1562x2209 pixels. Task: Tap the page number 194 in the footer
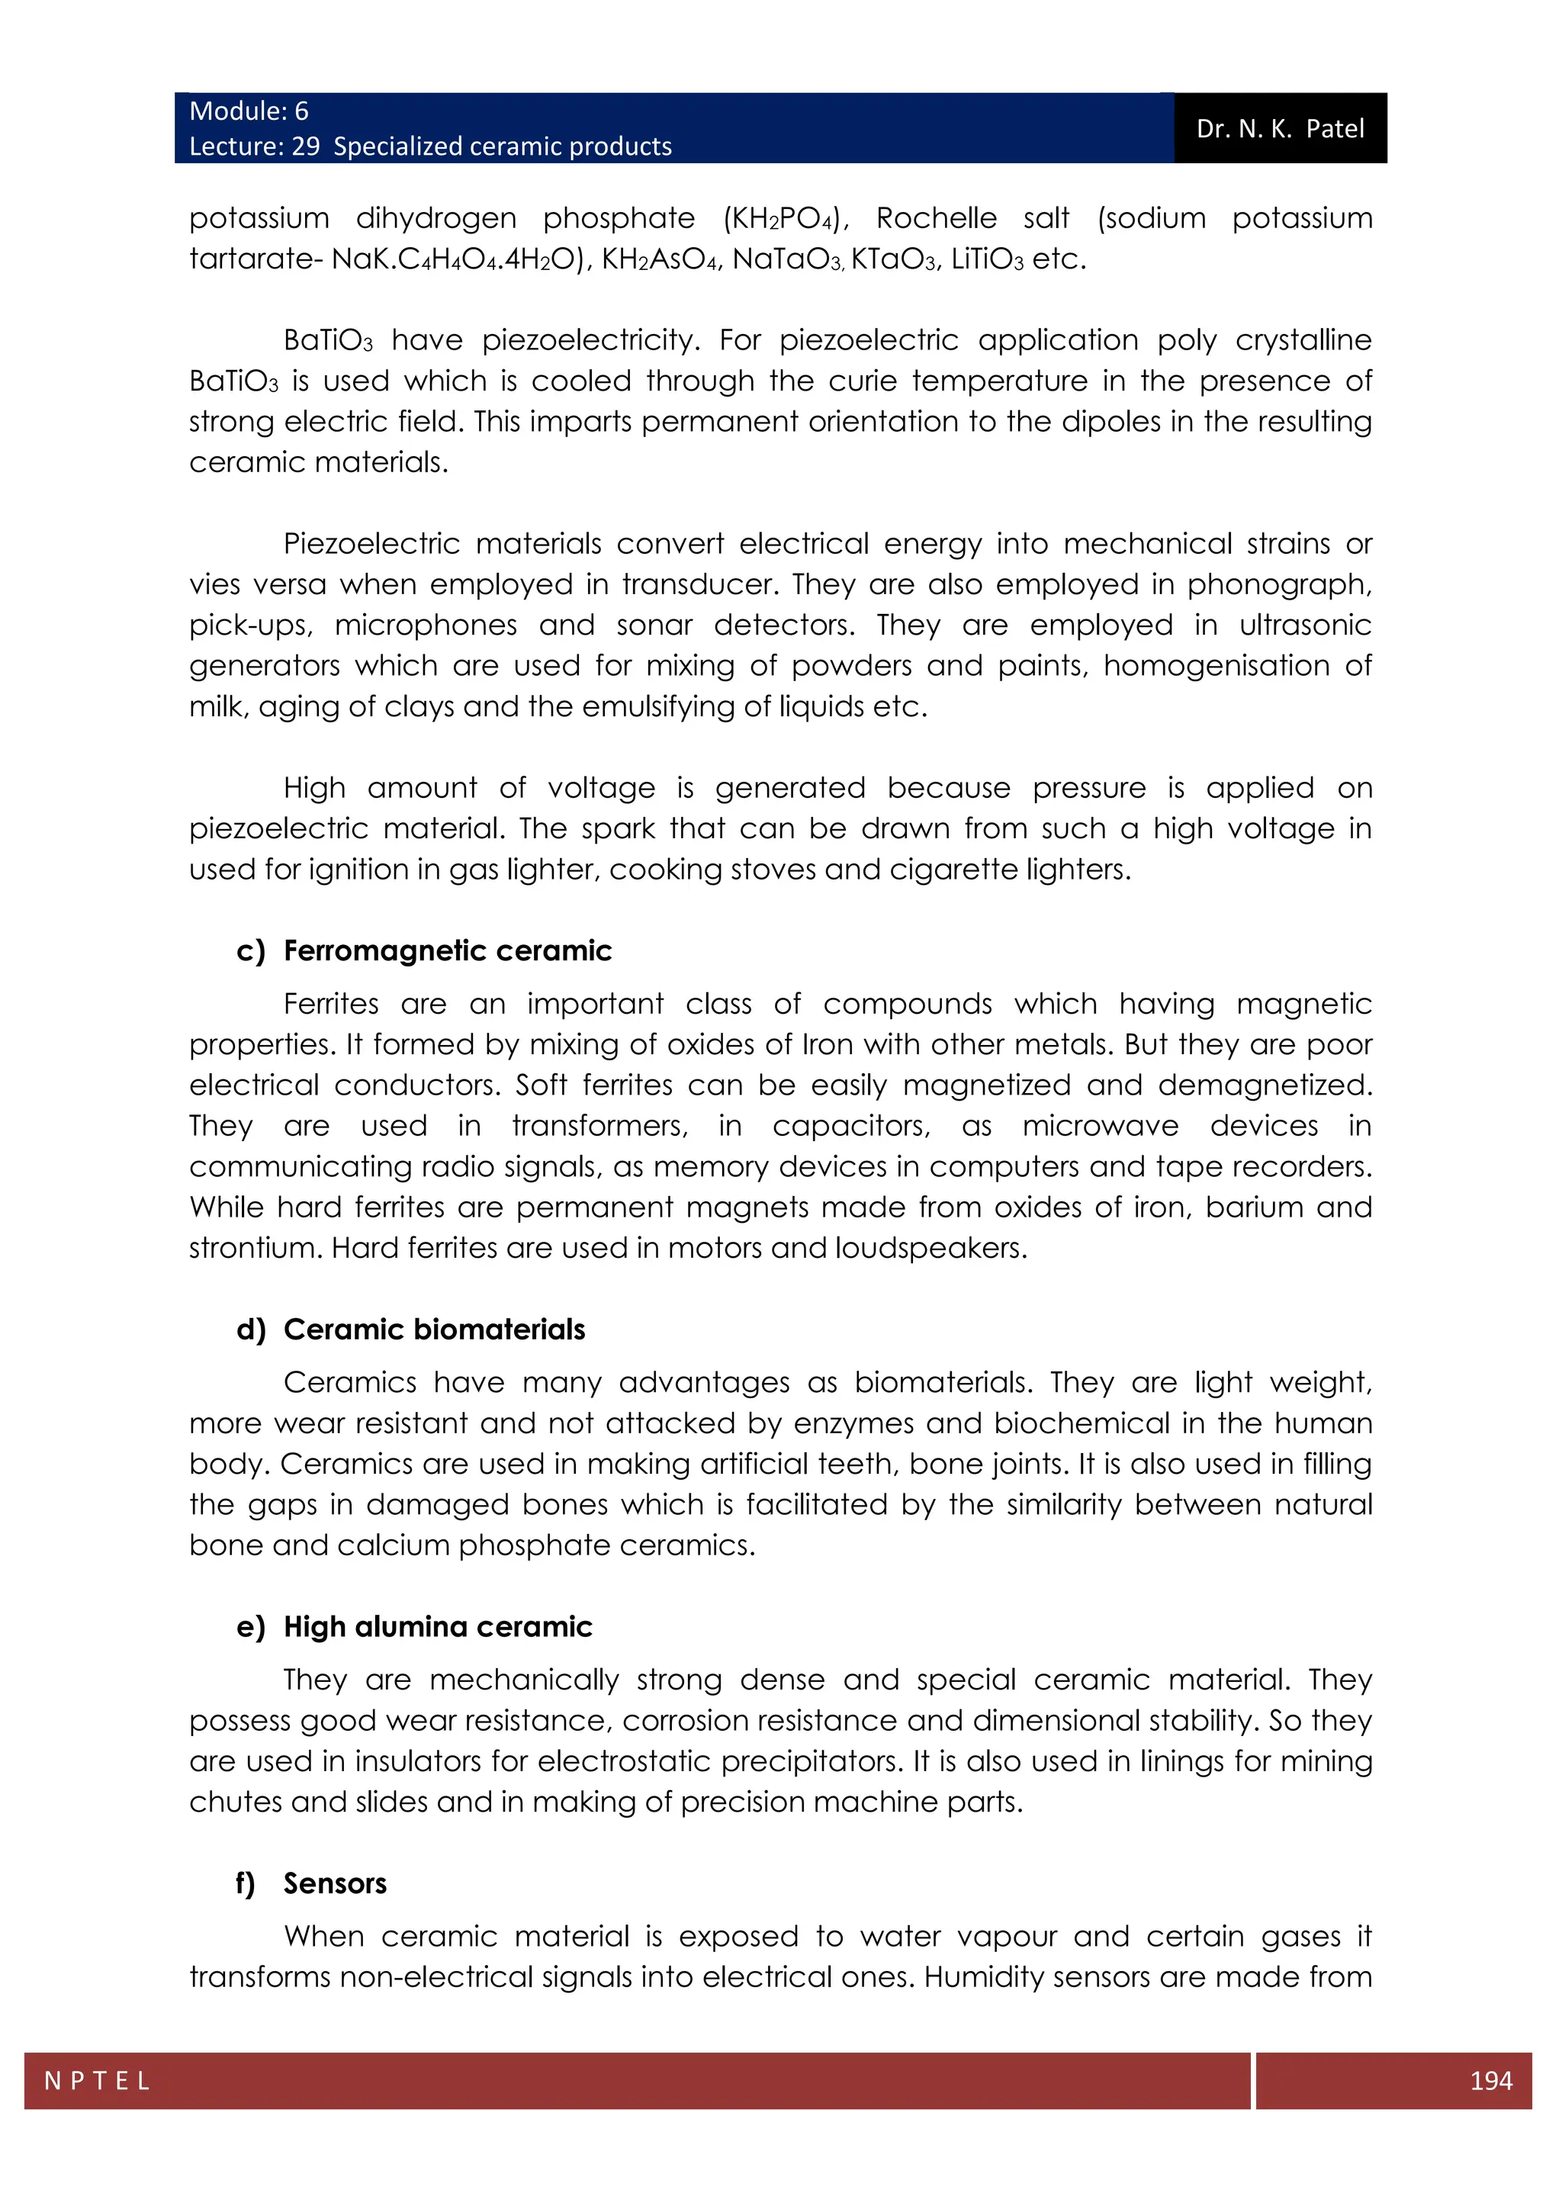point(1491,2080)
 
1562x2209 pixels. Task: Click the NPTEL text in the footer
point(97,2081)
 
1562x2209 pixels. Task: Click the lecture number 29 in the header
point(306,146)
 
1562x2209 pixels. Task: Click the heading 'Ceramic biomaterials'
point(434,1329)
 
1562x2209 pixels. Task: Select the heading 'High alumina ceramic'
point(438,1626)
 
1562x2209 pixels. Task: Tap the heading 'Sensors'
point(335,1883)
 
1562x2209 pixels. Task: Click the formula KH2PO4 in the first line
point(784,218)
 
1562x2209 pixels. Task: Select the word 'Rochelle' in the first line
point(936,218)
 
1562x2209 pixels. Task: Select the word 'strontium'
point(255,1248)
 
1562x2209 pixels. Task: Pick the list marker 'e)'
point(250,1626)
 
